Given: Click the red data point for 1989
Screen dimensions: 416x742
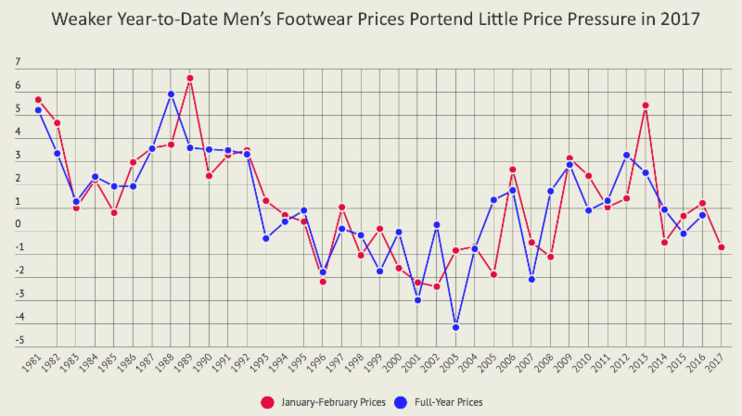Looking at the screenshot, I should pyautogui.click(x=189, y=79).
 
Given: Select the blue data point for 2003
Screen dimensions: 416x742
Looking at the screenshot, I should pyautogui.click(x=455, y=327).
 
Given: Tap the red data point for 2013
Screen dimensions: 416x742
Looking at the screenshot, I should pyautogui.click(x=646, y=106).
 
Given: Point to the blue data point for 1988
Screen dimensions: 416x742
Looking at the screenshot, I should pyautogui.click(x=171, y=95).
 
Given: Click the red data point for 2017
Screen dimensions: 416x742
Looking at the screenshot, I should pyautogui.click(x=721, y=247).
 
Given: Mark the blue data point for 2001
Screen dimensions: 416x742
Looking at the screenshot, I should pyautogui.click(x=417, y=300).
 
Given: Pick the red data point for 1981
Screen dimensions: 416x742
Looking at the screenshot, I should pyautogui.click(x=38, y=100).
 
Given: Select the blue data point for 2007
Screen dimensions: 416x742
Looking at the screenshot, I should pyautogui.click(x=531, y=279).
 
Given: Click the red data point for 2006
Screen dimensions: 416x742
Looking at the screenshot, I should pyautogui.click(x=513, y=170).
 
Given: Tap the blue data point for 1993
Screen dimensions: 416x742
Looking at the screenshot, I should pyautogui.click(x=265, y=239).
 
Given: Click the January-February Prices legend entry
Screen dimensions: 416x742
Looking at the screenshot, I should pyautogui.click(x=321, y=402).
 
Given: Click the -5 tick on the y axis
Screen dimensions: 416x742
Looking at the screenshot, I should pyautogui.click(x=15, y=341).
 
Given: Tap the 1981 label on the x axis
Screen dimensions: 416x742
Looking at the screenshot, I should pyautogui.click(x=31, y=364).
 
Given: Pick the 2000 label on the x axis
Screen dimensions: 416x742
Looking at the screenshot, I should pyautogui.click(x=391, y=364).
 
